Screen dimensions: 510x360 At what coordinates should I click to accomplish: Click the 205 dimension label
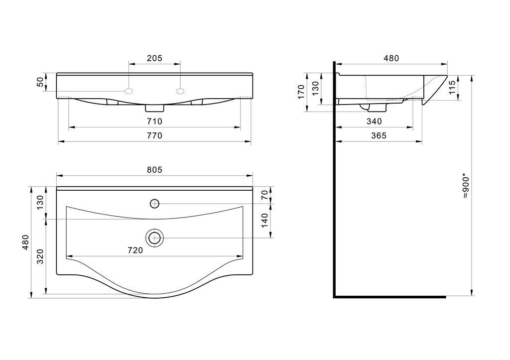(x=154, y=58)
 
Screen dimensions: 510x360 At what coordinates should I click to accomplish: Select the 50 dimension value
(x=40, y=82)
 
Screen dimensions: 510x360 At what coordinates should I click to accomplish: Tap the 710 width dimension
(x=154, y=121)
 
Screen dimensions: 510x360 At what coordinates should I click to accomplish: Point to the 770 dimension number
(x=154, y=135)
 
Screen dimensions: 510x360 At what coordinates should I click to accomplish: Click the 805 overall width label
(x=154, y=170)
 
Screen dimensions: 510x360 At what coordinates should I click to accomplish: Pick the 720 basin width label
(x=135, y=250)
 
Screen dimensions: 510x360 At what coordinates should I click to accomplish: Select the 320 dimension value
(x=40, y=256)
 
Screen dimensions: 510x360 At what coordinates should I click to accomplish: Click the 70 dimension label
(x=265, y=195)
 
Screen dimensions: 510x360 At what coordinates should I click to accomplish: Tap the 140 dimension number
(x=265, y=220)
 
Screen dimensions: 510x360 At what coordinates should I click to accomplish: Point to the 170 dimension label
(x=301, y=92)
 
